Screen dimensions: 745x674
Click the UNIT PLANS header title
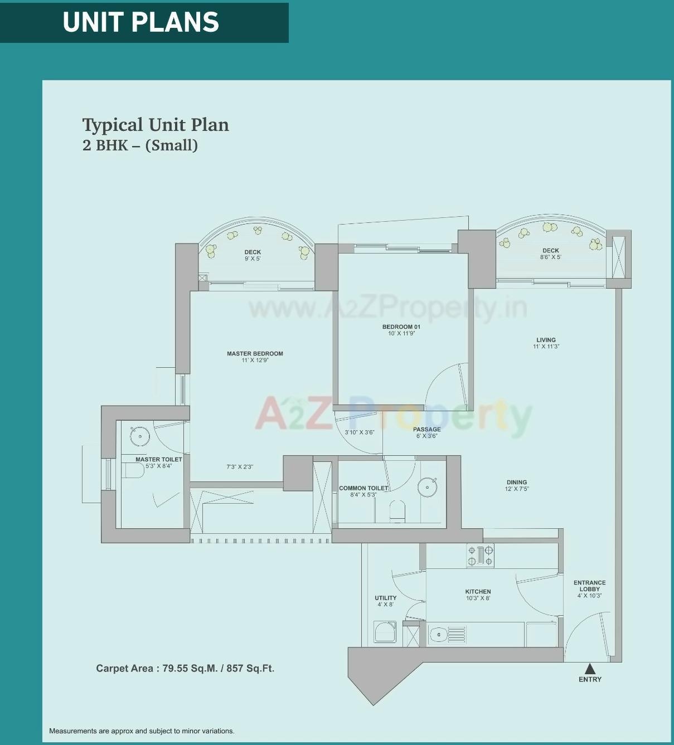pos(140,22)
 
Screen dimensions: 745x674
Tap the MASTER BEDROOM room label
pos(255,354)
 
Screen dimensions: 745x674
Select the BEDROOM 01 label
pos(401,327)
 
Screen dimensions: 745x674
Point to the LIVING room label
pos(546,340)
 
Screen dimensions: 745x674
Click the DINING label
pos(517,483)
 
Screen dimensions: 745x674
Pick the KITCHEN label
pos(478,592)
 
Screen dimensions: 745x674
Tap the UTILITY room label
pos(385,598)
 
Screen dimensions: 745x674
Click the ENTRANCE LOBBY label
pos(589,586)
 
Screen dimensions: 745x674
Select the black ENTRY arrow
pos(590,669)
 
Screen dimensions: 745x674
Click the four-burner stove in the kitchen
pos(480,556)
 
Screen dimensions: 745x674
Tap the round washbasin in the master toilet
pos(139,436)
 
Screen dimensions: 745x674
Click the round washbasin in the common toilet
pos(427,486)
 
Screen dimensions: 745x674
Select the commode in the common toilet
pos(397,510)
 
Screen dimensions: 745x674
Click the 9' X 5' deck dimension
pos(253,259)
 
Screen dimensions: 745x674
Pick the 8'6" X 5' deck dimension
pos(550,257)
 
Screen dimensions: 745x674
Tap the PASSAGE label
pos(427,430)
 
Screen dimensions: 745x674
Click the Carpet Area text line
pos(185,668)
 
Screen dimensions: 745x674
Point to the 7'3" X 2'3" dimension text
pos(240,467)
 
